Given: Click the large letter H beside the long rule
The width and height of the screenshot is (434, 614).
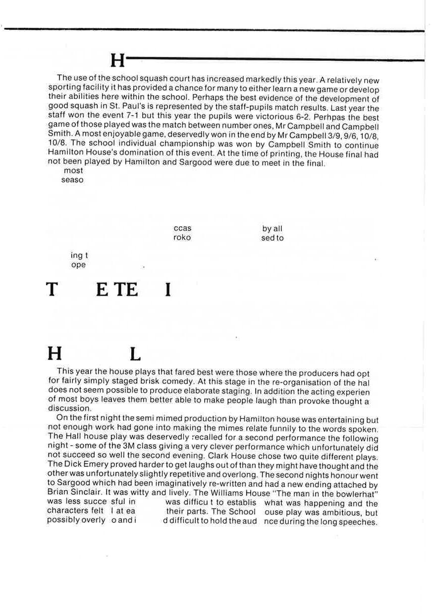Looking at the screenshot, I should point(118,60).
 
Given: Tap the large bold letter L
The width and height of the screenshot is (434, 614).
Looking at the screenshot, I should point(135,354).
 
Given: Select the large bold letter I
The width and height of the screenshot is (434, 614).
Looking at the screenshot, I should point(167,289).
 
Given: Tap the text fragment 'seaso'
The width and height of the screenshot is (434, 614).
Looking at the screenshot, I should point(72,180).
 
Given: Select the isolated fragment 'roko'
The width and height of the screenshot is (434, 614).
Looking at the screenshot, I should point(182,238).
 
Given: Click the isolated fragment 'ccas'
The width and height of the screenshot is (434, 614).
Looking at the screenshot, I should point(182,228).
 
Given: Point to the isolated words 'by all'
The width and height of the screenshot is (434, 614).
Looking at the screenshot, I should point(272,228).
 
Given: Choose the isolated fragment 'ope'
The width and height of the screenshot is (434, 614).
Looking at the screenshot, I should point(78,265).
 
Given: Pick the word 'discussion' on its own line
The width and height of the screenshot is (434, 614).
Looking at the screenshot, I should point(69,409).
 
